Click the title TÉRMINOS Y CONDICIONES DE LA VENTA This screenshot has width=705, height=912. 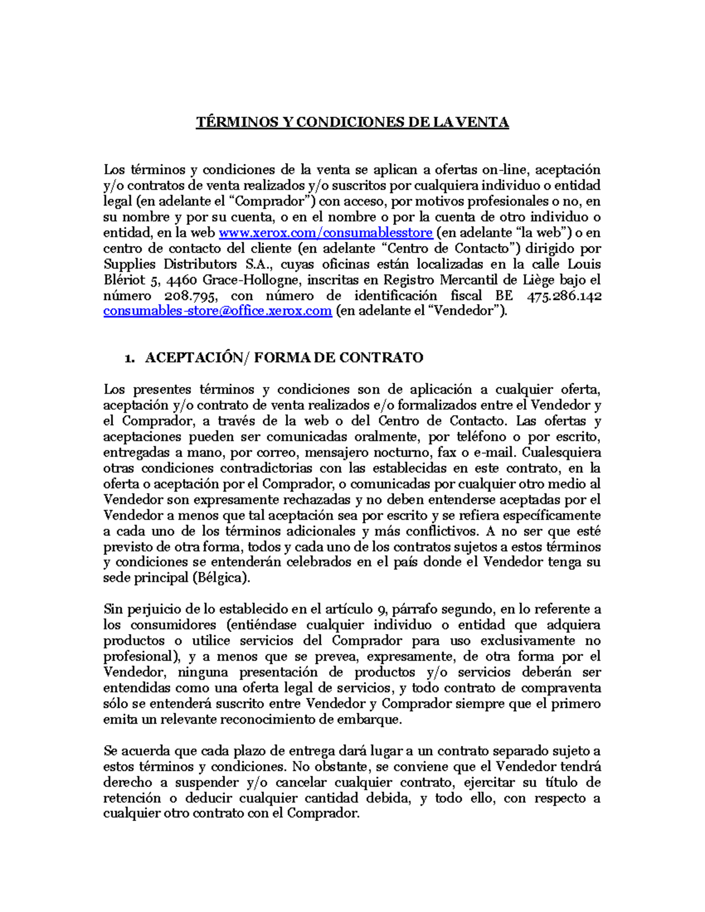352,122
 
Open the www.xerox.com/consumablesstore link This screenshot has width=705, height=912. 325,233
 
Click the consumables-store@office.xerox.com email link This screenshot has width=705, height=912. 217,311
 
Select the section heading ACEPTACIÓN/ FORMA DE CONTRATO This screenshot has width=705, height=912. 284,358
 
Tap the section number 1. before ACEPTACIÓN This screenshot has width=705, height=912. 130,358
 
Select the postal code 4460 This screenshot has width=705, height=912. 183,280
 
